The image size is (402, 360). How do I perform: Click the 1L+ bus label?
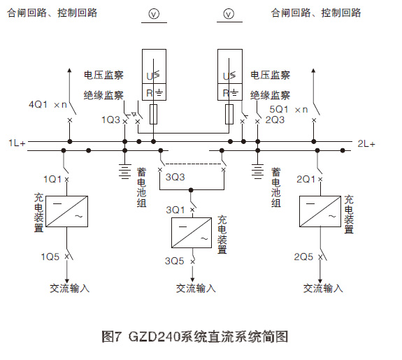click(17, 143)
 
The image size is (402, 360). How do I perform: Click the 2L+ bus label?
click(366, 144)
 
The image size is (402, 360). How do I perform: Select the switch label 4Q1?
click(38, 104)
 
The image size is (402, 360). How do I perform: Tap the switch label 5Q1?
click(280, 110)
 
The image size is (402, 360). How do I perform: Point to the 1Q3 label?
click(109, 120)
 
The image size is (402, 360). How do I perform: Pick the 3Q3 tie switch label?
click(175, 178)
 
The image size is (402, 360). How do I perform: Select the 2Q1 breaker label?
click(306, 179)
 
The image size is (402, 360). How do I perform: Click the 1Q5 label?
click(51, 256)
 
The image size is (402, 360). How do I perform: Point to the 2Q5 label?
click(303, 257)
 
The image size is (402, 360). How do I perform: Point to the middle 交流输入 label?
click(196, 287)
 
